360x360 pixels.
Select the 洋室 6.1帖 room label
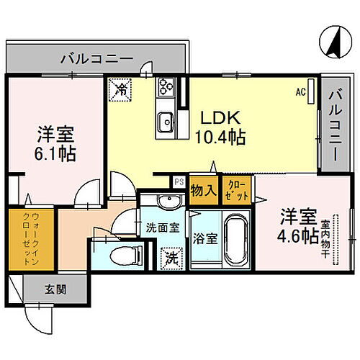(57, 143)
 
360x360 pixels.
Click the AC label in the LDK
(300, 91)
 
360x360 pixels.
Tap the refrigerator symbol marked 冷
(122, 90)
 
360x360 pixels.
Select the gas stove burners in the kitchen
(165, 89)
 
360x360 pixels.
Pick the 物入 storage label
(204, 191)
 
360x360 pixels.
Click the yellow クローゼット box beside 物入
(236, 191)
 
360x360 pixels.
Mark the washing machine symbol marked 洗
(172, 256)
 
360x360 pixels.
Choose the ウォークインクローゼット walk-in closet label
(24, 235)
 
